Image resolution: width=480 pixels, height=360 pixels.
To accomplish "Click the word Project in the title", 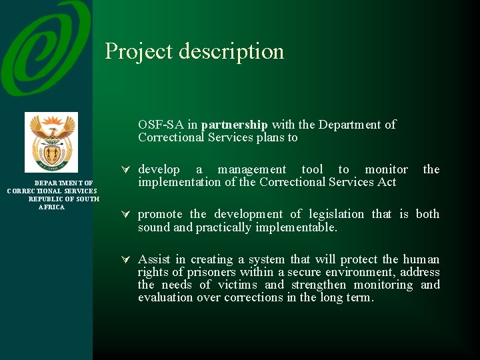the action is click(x=139, y=51).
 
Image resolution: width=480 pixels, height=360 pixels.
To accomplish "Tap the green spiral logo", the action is click(x=46, y=48).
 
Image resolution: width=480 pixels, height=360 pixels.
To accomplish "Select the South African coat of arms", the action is click(x=51, y=143).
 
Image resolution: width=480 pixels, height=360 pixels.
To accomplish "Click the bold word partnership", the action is click(x=234, y=125).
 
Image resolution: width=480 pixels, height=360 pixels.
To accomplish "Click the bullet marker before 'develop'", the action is click(x=125, y=169).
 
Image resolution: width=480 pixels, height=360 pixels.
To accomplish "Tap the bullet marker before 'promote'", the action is click(x=125, y=214).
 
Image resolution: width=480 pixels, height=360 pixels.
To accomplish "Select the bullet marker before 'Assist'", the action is click(x=125, y=259).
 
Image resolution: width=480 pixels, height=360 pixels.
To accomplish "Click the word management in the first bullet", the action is click(x=251, y=170).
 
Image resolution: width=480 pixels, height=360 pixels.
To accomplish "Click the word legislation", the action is click(x=337, y=214).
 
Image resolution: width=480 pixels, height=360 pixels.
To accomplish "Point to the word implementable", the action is click(x=296, y=227).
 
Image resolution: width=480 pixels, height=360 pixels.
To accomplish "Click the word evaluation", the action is click(x=165, y=297).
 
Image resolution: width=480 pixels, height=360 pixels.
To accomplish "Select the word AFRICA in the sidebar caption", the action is click(x=51, y=207).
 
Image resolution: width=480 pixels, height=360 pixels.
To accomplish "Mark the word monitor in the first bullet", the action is click(x=386, y=169).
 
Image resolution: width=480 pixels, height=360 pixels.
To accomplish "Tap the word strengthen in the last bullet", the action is click(x=319, y=285).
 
